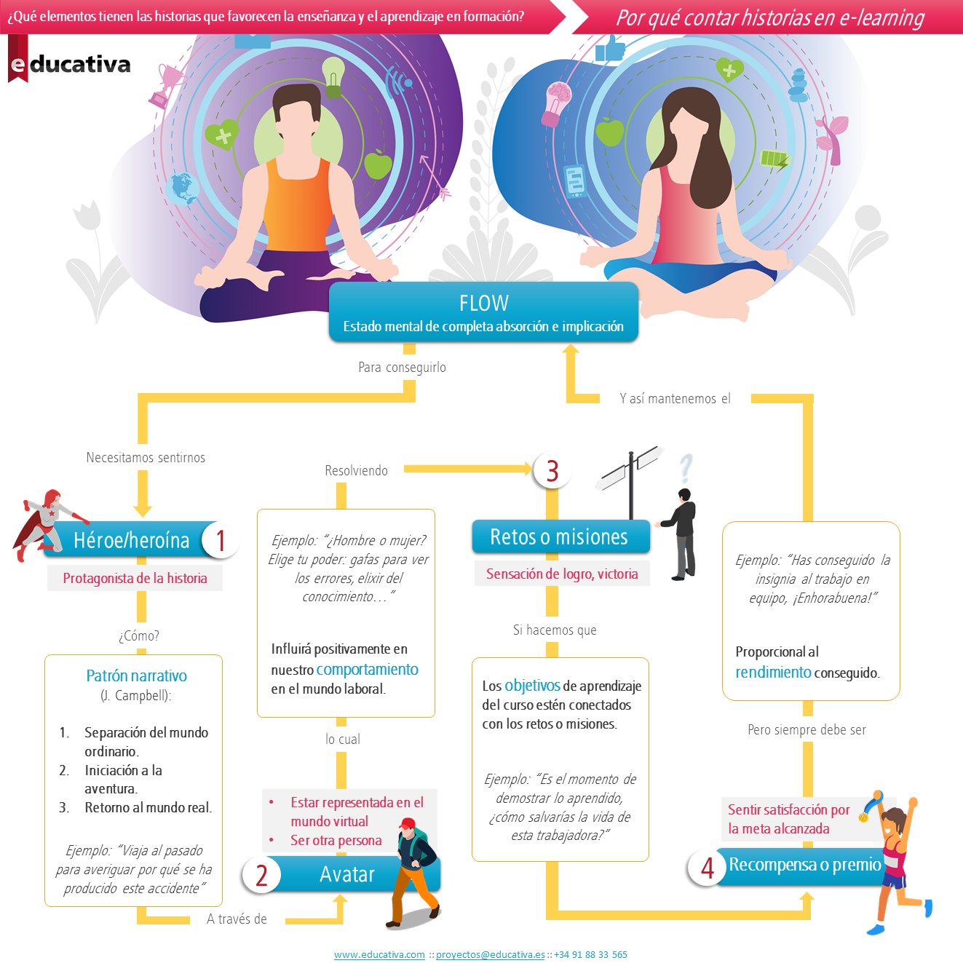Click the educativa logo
click(x=70, y=64)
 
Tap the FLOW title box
click(x=483, y=312)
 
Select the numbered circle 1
click(x=220, y=540)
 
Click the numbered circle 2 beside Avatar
click(x=261, y=874)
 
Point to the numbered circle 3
click(x=552, y=470)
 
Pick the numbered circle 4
click(x=707, y=867)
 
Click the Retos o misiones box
click(x=559, y=537)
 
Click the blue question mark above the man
click(x=685, y=468)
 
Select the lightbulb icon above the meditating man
click(x=333, y=76)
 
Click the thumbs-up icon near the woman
click(x=610, y=49)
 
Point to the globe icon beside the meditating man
click(x=182, y=189)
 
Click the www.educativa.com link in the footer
click(x=379, y=954)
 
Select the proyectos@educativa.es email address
click(x=490, y=954)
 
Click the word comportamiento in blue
click(x=367, y=669)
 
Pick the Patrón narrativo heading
click(x=136, y=675)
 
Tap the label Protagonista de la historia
click(x=135, y=578)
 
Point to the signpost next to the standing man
click(x=630, y=477)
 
